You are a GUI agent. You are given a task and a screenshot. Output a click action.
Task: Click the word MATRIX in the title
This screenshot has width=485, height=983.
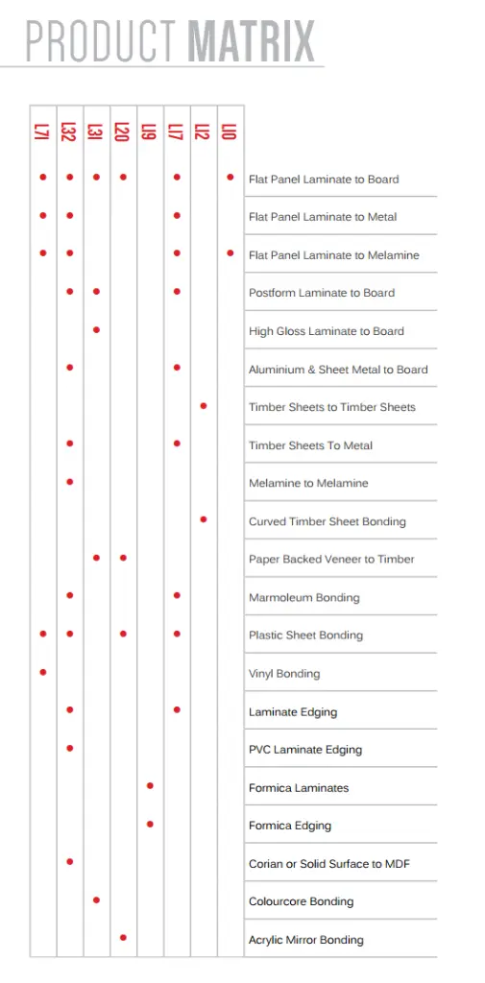[x=252, y=41]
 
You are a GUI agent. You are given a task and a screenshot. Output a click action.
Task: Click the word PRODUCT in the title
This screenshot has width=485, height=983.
[x=101, y=41]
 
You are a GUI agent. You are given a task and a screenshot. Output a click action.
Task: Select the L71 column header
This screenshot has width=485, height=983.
[x=42, y=132]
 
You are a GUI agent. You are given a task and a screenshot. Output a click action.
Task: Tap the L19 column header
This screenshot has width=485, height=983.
[x=149, y=132]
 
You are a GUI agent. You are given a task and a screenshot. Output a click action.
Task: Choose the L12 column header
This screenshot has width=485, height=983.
[x=203, y=132]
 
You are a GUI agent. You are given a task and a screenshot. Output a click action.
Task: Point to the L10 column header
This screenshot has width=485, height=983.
[x=230, y=132]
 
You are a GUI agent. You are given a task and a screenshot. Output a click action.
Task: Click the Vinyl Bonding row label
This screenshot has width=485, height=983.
[x=284, y=674]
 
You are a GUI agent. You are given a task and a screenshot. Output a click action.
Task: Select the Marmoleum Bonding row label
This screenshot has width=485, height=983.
[x=303, y=598]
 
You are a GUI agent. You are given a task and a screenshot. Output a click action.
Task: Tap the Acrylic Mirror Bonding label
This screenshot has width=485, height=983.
[x=305, y=940]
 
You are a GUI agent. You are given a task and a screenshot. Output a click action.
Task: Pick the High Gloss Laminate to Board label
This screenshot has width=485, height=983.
[x=326, y=331]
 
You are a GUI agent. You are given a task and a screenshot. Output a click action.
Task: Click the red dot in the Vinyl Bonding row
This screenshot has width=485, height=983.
[x=43, y=672]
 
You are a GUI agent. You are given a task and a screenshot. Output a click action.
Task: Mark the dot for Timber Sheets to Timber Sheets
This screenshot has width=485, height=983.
[x=204, y=406]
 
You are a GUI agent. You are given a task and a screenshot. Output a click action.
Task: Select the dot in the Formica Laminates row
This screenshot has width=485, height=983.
[x=150, y=786]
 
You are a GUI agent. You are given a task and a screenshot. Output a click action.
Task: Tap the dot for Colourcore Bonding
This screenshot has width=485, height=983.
[x=96, y=899]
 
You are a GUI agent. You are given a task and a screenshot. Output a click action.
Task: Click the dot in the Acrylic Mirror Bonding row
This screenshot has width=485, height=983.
[x=123, y=937]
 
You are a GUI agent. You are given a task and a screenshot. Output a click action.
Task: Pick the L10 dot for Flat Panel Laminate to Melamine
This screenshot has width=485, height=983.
[x=230, y=253]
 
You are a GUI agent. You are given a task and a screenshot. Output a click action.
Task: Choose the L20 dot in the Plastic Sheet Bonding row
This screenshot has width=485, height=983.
[x=123, y=634]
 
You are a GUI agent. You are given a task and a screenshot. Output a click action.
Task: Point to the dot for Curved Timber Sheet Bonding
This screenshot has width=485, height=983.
[x=204, y=519]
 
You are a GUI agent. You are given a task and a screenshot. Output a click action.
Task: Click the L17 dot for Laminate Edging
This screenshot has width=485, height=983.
[x=177, y=709]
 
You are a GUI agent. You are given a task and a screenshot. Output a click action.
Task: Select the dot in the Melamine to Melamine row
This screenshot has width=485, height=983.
[x=70, y=481]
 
